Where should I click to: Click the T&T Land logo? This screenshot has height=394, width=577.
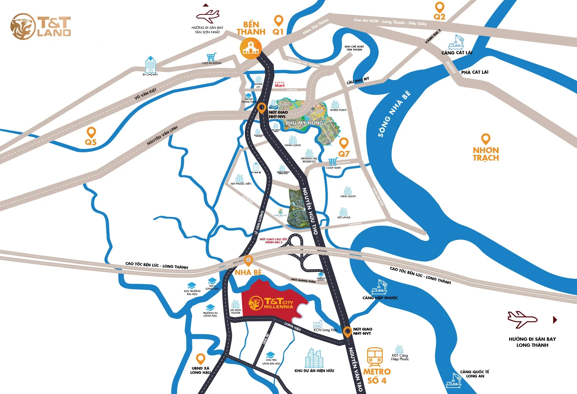coord(41,26)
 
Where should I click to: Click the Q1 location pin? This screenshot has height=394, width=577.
coord(279,21)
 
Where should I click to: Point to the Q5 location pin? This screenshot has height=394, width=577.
coord(91,132)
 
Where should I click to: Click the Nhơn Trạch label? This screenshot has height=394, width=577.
coord(486,154)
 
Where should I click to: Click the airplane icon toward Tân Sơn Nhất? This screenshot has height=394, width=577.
coord(208,17)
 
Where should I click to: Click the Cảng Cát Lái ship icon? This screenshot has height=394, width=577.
coord(456,42)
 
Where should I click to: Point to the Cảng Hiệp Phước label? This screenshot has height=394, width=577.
coord(380,298)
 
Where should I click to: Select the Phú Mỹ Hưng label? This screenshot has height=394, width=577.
coord(304,123)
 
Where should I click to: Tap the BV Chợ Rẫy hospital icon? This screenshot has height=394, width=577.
coord(150,64)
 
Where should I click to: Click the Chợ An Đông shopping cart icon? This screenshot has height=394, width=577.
coord(211,57)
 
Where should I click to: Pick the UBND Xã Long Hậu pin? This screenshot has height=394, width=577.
coord(200,359)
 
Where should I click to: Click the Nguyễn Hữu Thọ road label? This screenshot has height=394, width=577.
coord(310,211)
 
